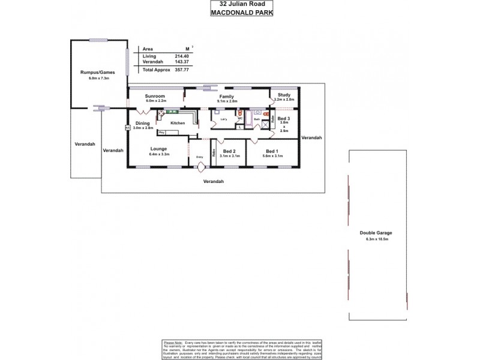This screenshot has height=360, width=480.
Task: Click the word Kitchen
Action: coord(178,123)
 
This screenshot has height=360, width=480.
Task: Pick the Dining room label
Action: coord(143,123)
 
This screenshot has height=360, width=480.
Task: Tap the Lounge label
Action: coord(159,149)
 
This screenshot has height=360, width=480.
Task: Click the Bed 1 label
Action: coord(272,151)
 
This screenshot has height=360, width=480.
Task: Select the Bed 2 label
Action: coord(229,151)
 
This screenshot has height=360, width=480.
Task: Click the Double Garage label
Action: coord(376,233)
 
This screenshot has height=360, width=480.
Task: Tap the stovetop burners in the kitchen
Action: coord(161,112)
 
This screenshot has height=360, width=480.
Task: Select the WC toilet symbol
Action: coord(239,113)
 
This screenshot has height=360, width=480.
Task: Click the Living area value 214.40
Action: coord(179,56)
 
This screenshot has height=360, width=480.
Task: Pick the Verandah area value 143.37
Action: coord(179,62)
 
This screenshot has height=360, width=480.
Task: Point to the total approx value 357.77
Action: coord(179,70)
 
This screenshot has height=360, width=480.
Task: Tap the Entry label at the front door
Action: coord(200,157)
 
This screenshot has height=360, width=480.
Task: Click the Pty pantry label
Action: coord(161,132)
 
